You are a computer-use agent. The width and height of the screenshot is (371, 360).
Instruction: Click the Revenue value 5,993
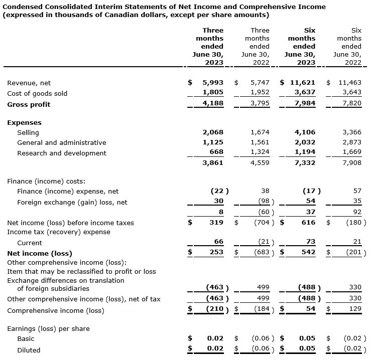213,82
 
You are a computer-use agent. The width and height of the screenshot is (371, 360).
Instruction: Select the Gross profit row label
29,104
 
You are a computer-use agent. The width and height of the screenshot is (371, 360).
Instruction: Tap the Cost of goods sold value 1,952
260,93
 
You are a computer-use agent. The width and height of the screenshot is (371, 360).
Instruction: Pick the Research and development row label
61,153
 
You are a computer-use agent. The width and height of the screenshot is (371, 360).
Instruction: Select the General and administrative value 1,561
260,143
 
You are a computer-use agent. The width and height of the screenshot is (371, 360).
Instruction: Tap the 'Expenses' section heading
24,122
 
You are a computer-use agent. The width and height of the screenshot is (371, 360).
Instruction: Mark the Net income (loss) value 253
216,252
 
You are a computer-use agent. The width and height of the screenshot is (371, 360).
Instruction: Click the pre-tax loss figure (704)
262,222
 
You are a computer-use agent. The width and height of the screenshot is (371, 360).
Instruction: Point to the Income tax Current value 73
310,242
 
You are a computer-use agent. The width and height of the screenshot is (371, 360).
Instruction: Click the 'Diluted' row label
29,350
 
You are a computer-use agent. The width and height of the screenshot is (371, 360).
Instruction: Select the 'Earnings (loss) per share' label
48,328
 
